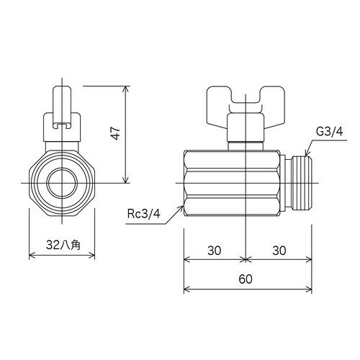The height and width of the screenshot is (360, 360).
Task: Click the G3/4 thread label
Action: coord(330,132)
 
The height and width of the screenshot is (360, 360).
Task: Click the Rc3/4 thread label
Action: coord(144,213)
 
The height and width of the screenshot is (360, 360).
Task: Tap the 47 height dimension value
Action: coord(116,133)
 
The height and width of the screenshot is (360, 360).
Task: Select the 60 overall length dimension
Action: coord(246,279)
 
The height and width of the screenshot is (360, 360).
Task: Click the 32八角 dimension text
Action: coord(63,245)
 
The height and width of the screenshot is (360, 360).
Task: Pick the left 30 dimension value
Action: coord(215,251)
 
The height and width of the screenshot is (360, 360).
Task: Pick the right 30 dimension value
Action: coord(279,251)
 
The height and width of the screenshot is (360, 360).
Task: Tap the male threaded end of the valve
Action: coord(302,183)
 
